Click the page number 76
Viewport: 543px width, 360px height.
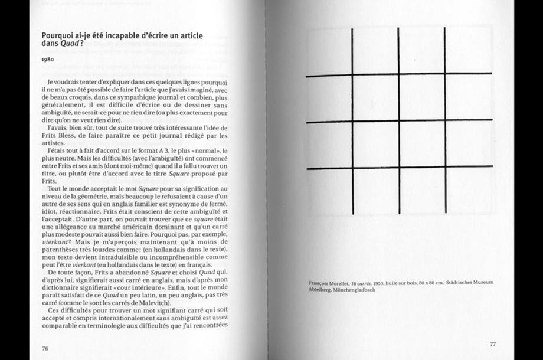tap(45, 348)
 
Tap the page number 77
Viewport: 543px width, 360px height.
tap(493, 344)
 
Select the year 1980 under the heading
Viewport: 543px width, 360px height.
tap(48, 60)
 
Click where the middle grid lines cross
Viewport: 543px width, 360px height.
tap(399, 121)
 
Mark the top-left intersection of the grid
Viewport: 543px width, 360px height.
tap(352, 76)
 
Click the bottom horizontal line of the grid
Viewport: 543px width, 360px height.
tap(399, 168)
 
